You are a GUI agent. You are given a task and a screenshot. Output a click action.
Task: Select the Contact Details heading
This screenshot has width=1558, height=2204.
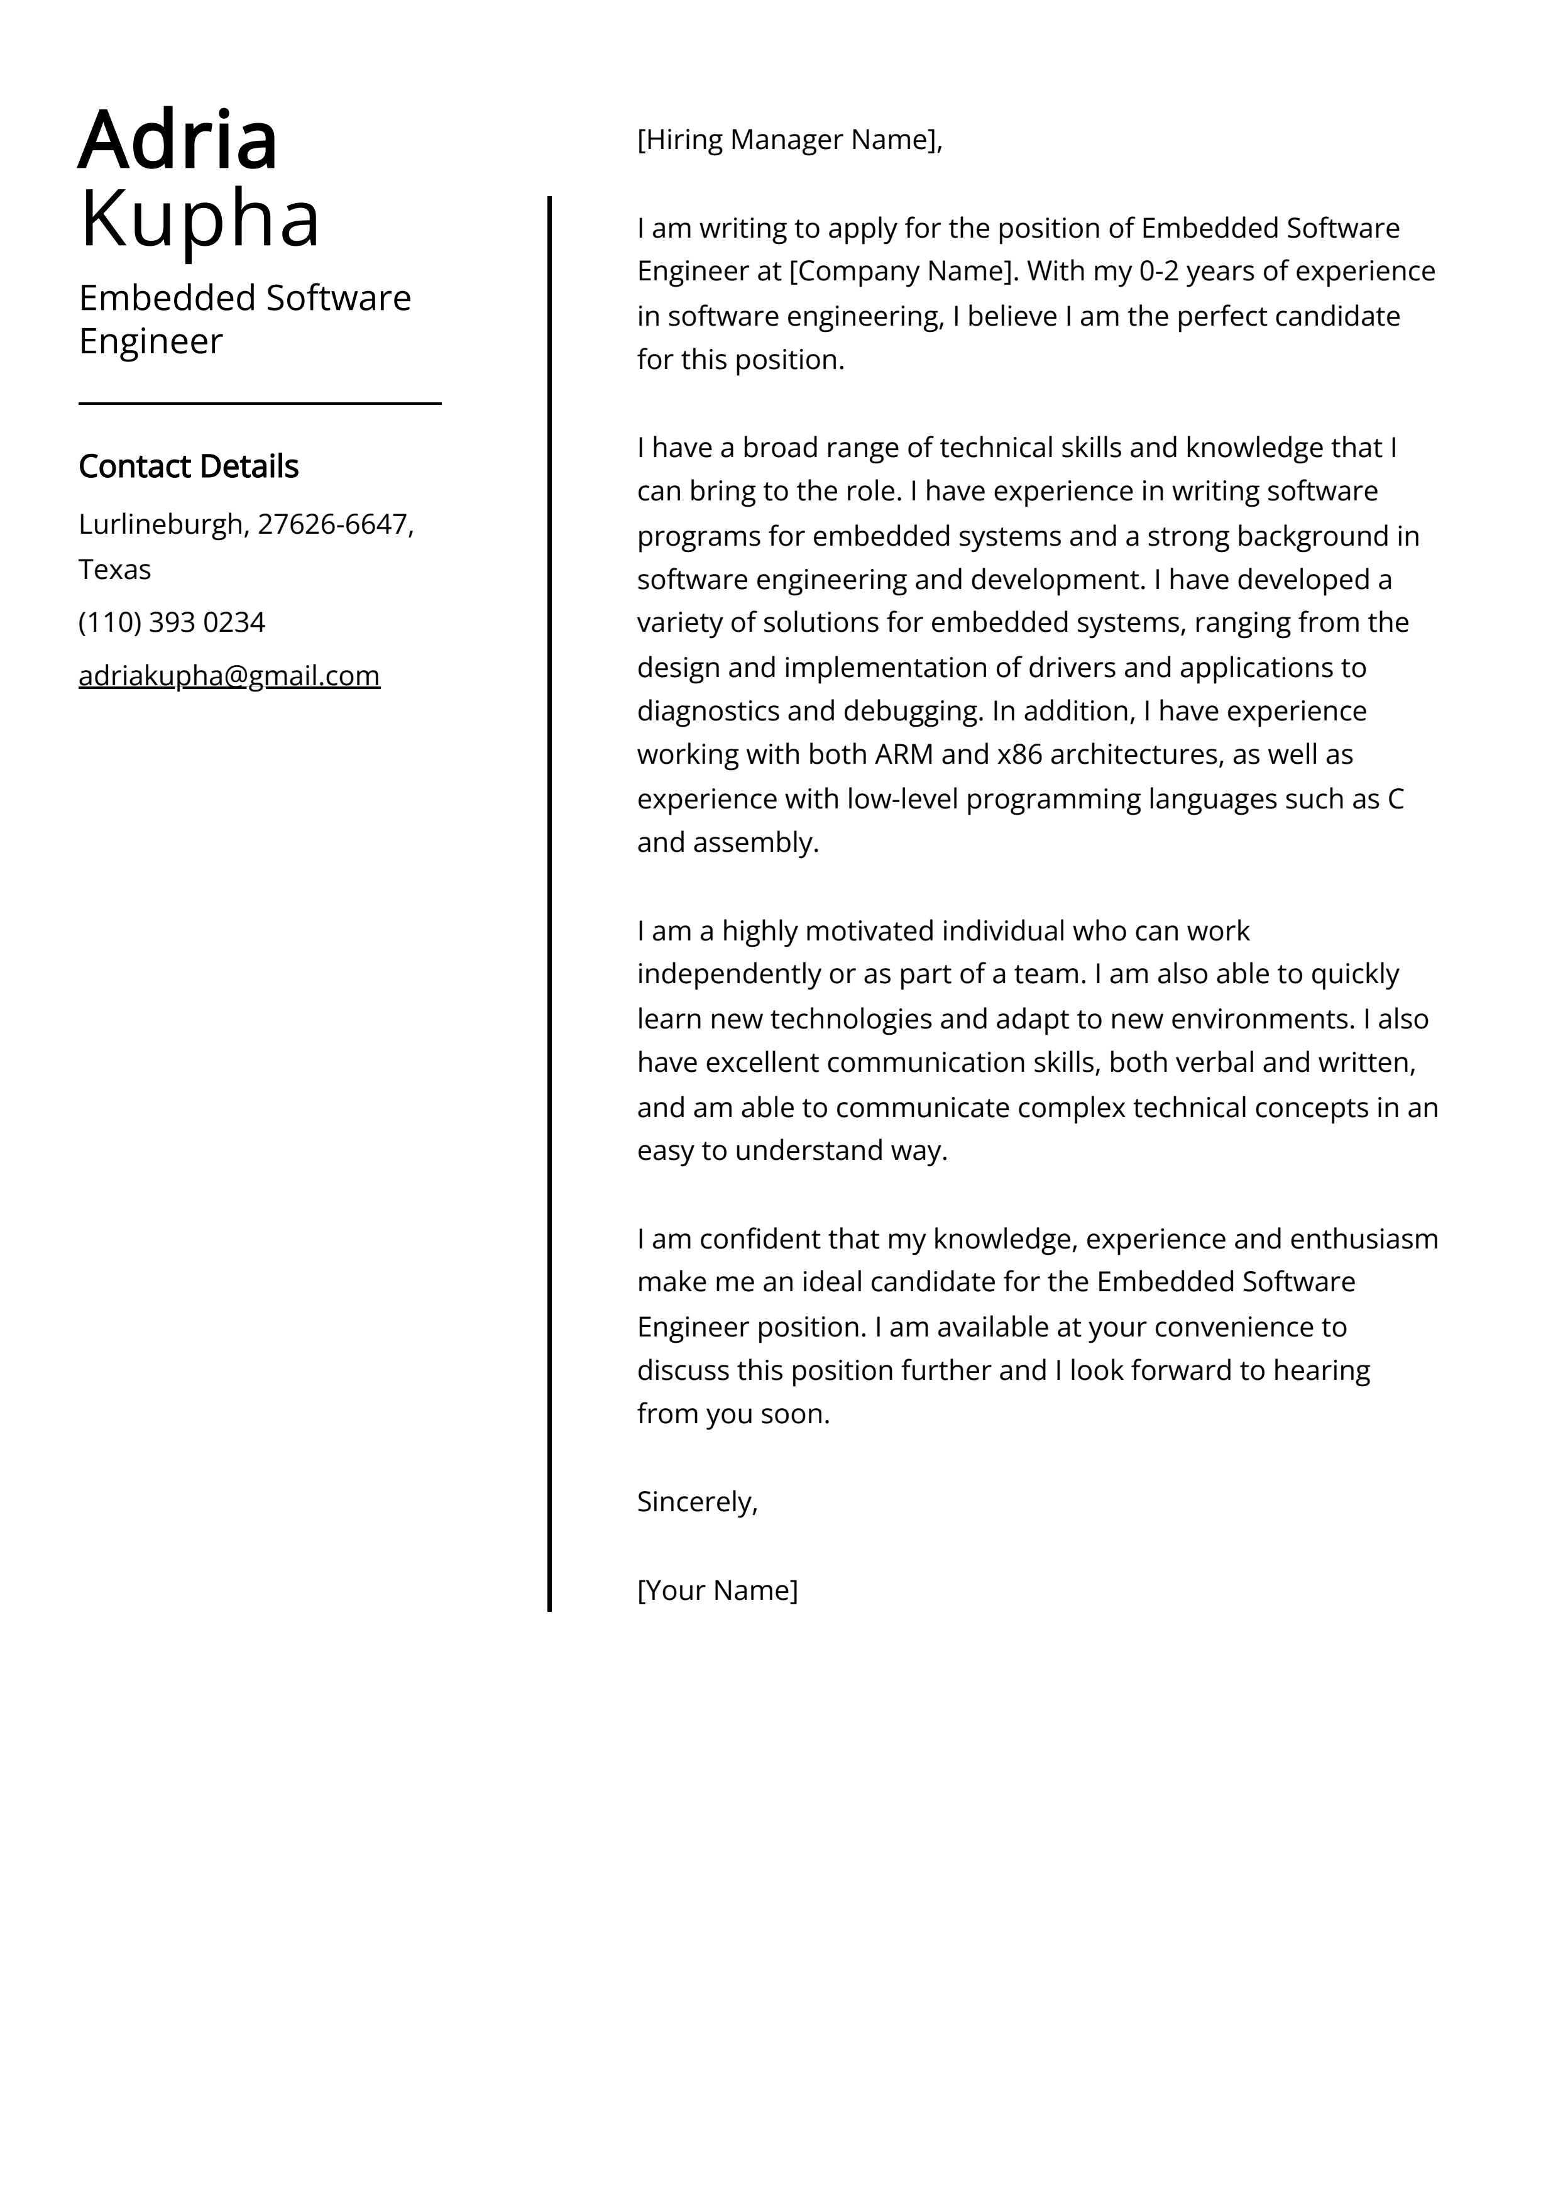coord(188,466)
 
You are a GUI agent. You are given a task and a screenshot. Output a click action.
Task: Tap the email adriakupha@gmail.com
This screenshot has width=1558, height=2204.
coord(229,676)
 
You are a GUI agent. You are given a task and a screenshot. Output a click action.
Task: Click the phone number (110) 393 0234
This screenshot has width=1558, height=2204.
coord(172,622)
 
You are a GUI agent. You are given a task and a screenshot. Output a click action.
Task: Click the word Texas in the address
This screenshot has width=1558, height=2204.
coord(114,570)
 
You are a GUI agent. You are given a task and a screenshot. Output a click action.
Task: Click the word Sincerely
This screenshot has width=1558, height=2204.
coord(696,1501)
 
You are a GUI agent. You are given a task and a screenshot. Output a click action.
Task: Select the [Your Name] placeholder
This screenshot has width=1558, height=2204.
coord(717,1590)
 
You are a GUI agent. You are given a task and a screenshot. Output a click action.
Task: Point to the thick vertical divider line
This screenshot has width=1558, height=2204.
coord(549,902)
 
